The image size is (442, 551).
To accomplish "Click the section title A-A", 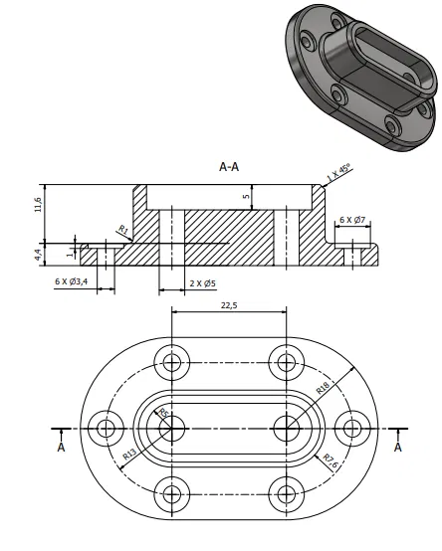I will [x=229, y=168].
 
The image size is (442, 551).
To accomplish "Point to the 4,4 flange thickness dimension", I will [x=38, y=255].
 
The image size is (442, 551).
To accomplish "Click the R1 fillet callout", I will [x=123, y=231].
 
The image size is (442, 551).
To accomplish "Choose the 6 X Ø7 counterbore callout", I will [x=353, y=219].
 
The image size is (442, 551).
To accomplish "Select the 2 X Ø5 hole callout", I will [x=203, y=282].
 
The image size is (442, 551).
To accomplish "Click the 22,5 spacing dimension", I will [x=229, y=306].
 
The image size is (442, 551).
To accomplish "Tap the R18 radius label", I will [x=323, y=387].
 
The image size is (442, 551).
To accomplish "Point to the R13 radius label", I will [x=130, y=456].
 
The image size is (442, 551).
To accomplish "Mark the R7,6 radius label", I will [x=331, y=459].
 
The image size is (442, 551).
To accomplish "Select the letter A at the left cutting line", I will [x=62, y=448].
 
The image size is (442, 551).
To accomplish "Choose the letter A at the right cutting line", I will [x=398, y=448].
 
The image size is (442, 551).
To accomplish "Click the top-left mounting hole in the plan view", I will [x=172, y=362].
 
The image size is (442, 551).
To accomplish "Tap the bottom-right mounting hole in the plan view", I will [x=287, y=492].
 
